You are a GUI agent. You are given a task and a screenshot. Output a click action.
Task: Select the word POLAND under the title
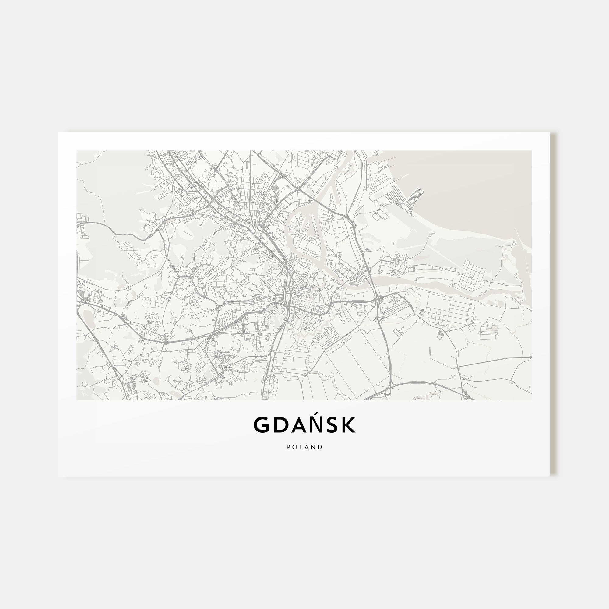coord(304,447)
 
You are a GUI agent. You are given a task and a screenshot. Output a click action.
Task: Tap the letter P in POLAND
coord(288,447)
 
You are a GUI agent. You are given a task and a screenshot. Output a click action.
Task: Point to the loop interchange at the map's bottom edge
coord(387,392)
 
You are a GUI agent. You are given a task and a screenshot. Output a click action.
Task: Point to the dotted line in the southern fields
coord(405,359)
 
